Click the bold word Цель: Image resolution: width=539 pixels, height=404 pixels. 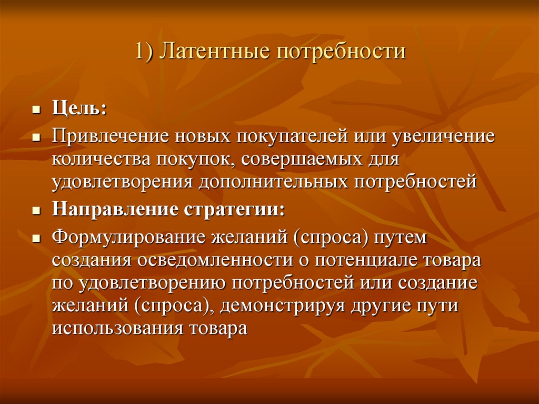[x=79, y=110]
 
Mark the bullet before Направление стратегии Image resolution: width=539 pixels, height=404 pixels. [x=36, y=210]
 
